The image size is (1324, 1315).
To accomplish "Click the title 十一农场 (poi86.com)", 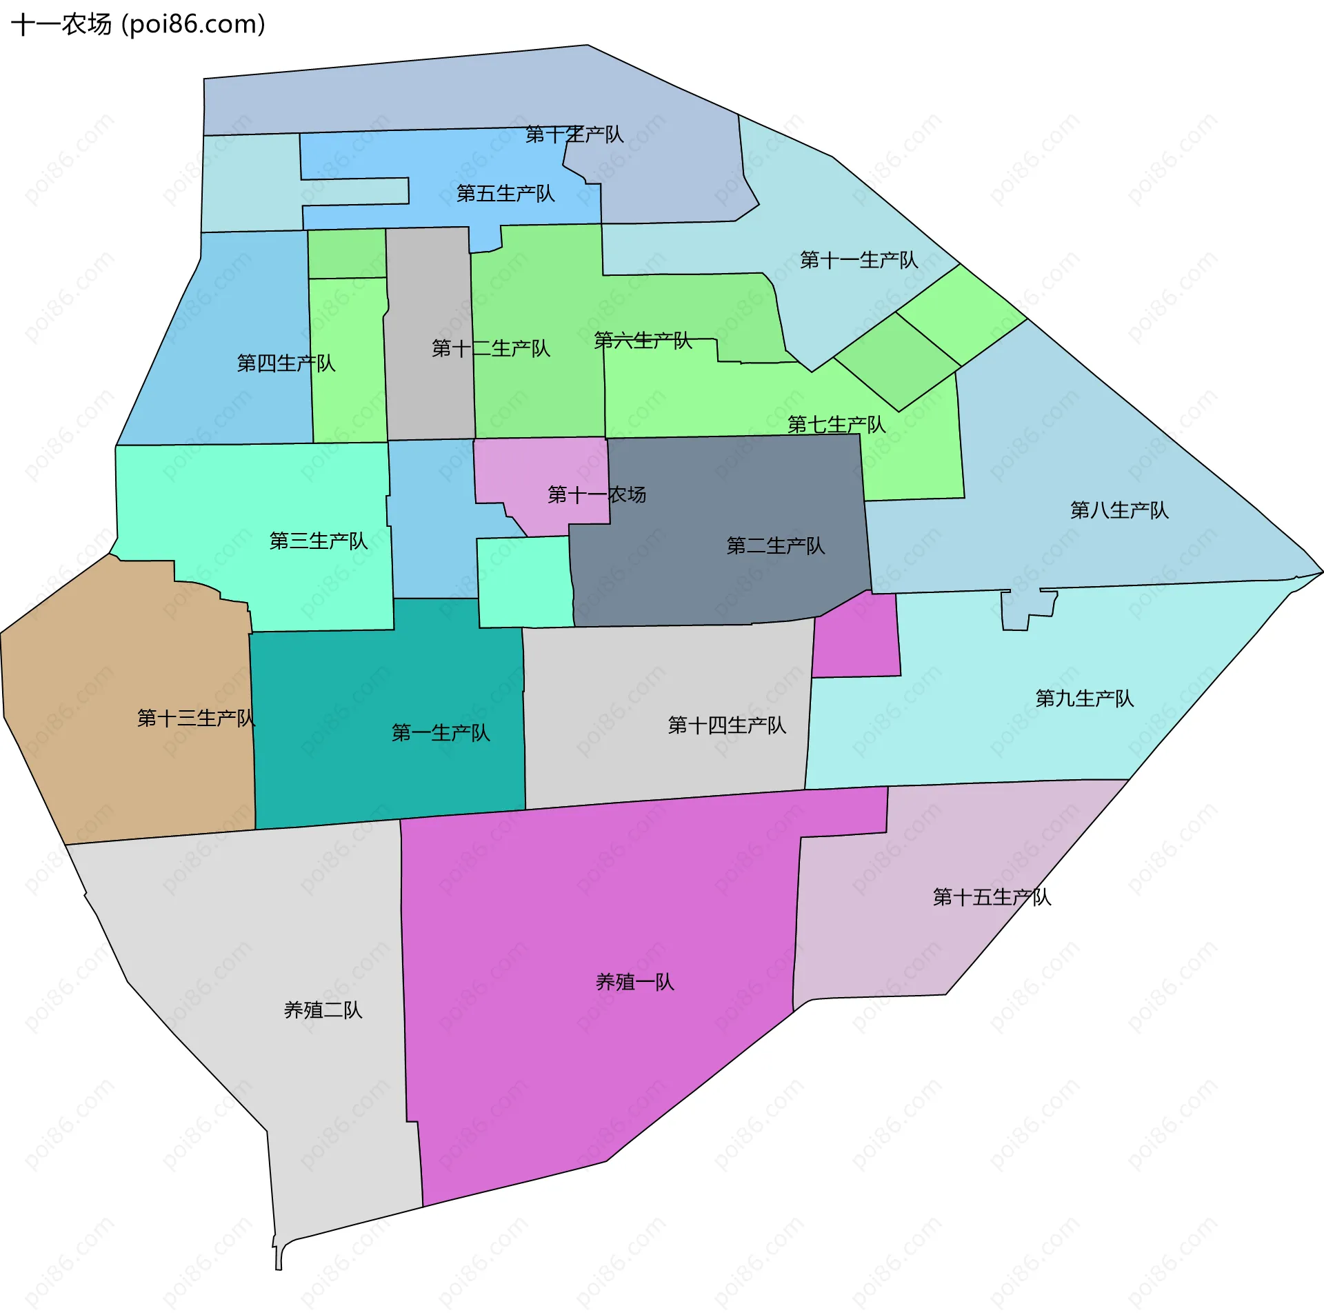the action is (x=138, y=24).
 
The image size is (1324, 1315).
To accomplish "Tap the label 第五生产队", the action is (x=505, y=193).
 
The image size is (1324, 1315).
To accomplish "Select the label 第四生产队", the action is (x=286, y=363).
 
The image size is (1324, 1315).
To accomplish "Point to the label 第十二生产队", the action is (x=491, y=348).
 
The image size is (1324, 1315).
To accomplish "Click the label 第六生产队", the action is (x=643, y=340).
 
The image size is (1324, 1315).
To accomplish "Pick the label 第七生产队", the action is (x=836, y=424).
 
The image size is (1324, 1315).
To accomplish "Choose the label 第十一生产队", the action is (x=859, y=260).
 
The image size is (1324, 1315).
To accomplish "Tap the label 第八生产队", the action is (x=1119, y=510).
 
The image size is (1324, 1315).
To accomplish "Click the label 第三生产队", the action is (x=319, y=541).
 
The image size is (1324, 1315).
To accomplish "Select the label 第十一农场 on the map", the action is (x=596, y=494).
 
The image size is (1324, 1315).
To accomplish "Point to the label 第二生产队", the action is (x=776, y=545).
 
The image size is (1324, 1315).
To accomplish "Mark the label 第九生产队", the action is (x=1085, y=698).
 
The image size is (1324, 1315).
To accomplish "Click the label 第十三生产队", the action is (x=196, y=718).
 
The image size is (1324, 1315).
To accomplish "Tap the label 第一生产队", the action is (x=441, y=732).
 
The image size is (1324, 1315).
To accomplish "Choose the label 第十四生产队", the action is (x=727, y=725).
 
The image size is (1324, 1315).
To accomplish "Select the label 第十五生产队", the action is (x=992, y=896).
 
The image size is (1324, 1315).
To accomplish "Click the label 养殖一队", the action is (x=634, y=982).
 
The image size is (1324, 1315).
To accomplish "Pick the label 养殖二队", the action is (x=323, y=1010).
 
